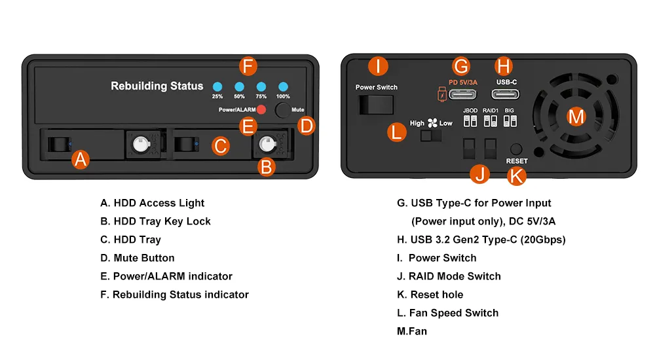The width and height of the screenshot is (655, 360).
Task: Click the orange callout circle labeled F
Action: point(247,66)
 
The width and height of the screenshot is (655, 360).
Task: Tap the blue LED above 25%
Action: point(217,86)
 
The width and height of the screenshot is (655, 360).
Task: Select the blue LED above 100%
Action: point(283,86)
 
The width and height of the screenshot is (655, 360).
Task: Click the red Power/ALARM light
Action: point(261,110)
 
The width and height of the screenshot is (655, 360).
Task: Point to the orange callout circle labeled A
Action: point(80,159)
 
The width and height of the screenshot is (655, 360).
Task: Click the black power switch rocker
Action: point(376,105)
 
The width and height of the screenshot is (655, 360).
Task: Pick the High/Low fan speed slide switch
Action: point(431,135)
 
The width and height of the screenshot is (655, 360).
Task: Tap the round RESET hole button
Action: point(516,149)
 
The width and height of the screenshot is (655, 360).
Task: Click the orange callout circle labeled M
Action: point(576,117)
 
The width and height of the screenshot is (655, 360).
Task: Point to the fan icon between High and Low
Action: point(432,122)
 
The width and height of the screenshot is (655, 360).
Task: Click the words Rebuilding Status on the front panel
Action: point(157,86)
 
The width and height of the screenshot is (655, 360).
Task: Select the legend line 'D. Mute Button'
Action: point(138,258)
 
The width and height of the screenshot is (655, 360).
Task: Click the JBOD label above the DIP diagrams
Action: point(470,111)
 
